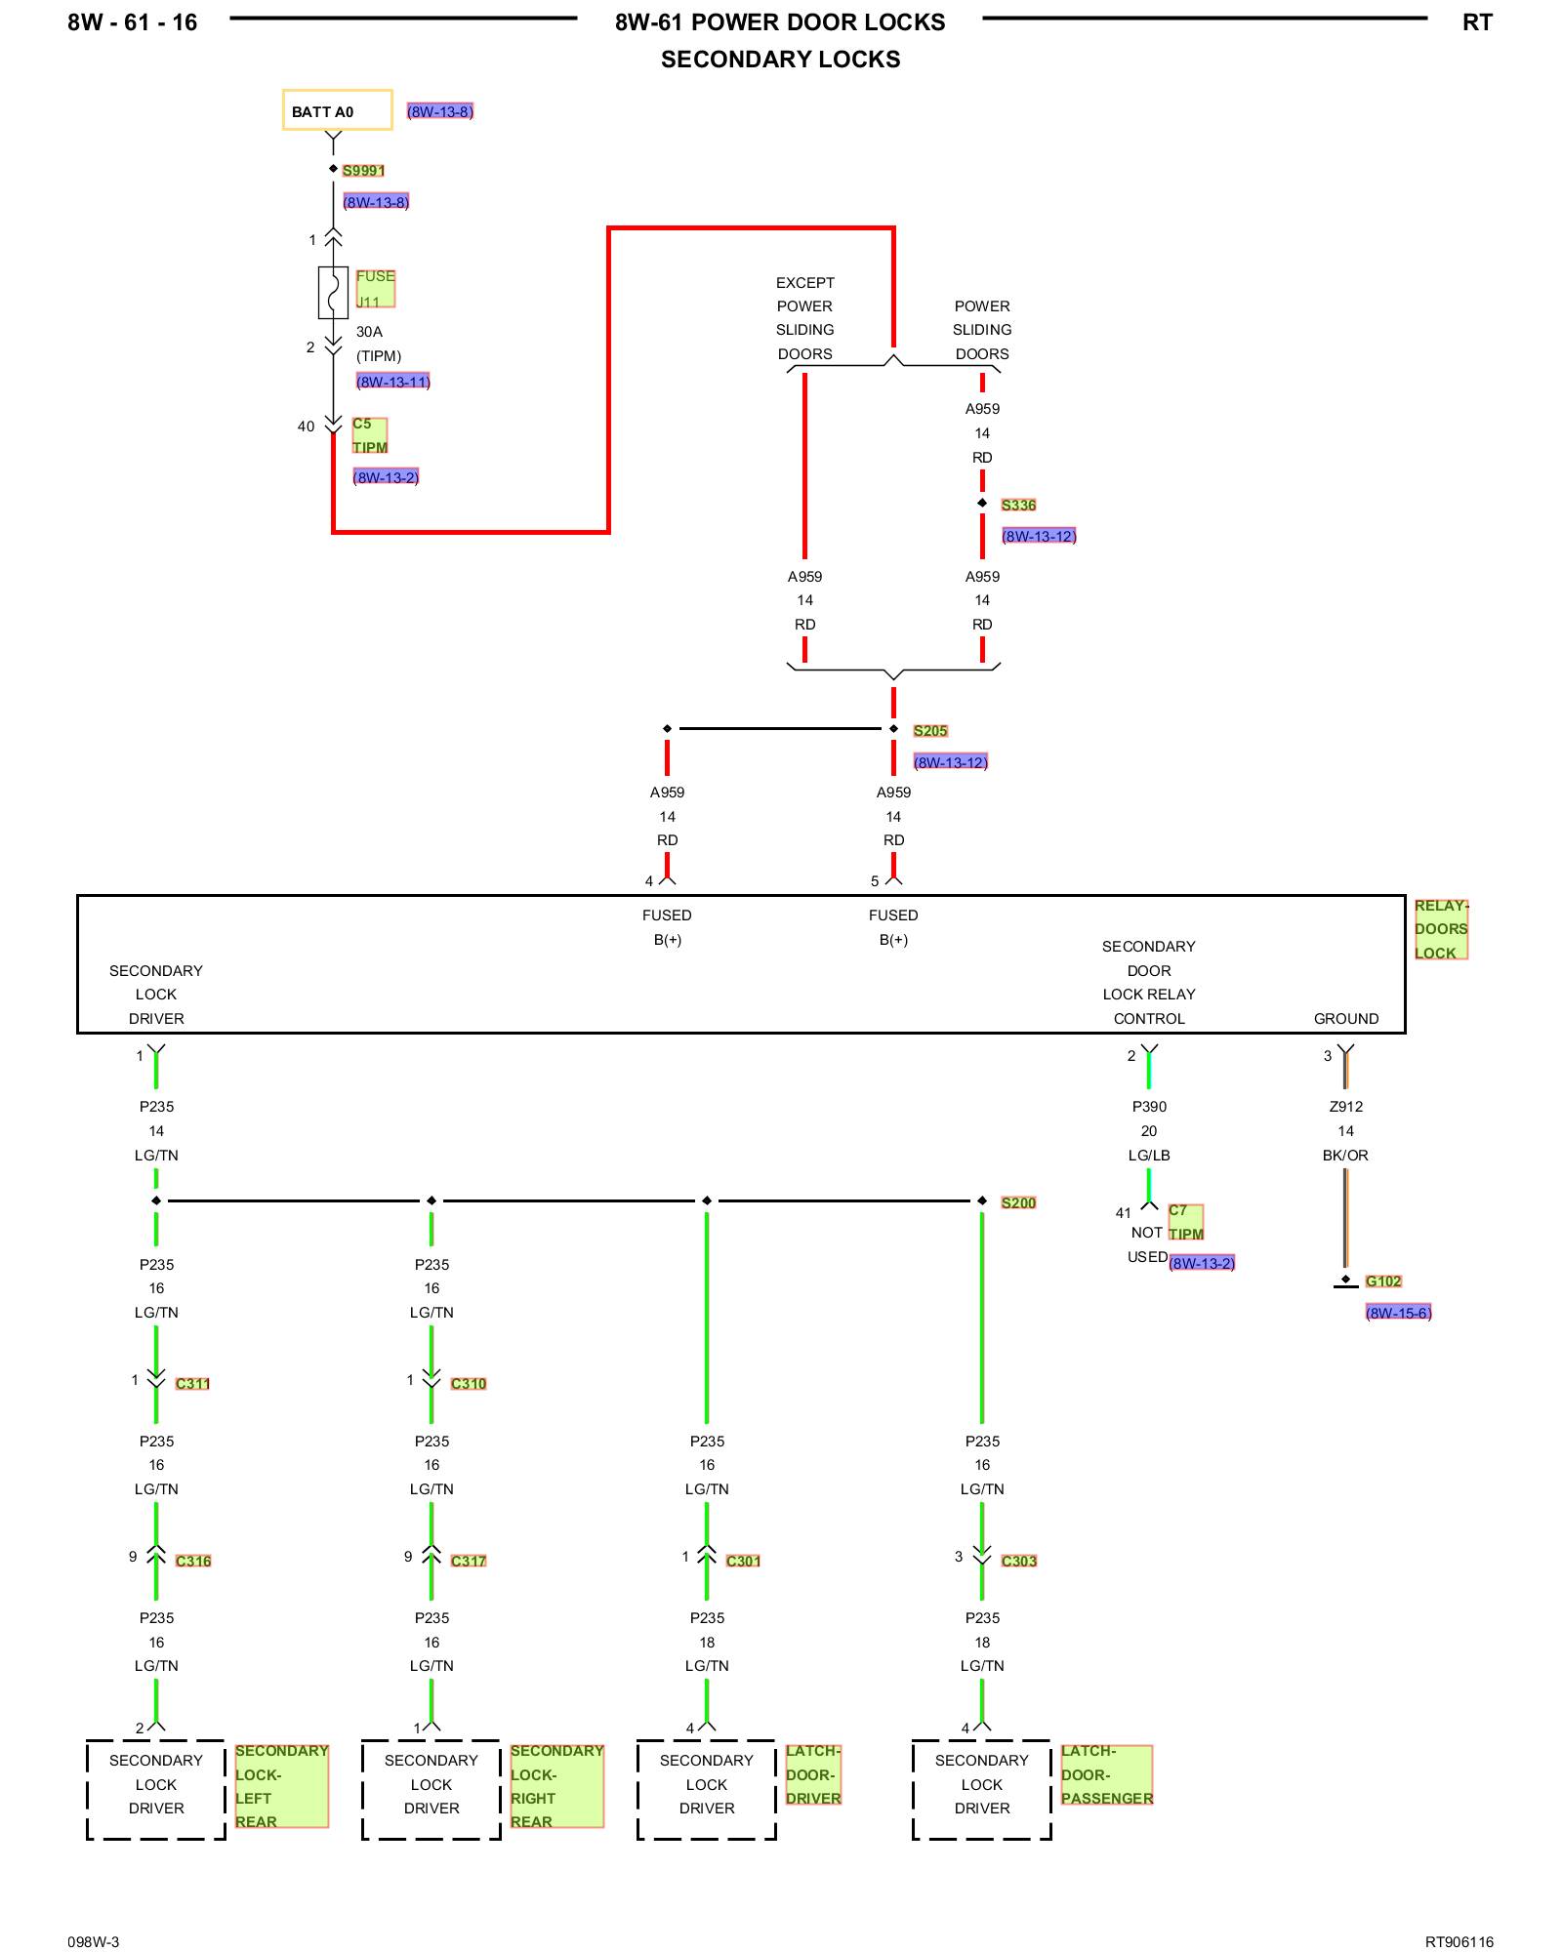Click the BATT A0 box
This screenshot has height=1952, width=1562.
[337, 110]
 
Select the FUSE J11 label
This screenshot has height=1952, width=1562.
[375, 289]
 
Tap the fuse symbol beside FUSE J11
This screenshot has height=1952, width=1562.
[333, 292]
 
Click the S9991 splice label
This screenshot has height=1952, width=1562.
[363, 171]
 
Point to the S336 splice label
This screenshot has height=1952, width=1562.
[1018, 506]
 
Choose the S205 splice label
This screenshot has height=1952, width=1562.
[930, 731]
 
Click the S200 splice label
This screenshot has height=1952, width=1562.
[1018, 1203]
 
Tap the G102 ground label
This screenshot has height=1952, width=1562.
[1383, 1281]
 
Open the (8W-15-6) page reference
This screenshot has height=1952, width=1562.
[1398, 1313]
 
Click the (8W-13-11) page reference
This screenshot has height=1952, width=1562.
[393, 382]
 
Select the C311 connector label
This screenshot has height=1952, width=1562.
[192, 1384]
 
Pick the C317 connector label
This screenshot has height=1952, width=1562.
[469, 1562]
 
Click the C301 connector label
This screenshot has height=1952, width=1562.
[743, 1562]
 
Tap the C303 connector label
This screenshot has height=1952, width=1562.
[1019, 1562]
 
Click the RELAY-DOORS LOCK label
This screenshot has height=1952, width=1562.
[1441, 929]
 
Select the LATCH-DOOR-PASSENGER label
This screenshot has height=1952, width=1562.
[1106, 1775]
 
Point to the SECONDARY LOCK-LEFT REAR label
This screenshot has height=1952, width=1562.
[281, 1786]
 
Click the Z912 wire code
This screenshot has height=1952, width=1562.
[1345, 1107]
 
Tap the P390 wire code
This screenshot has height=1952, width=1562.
[1149, 1107]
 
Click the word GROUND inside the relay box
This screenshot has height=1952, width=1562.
[1345, 1019]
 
